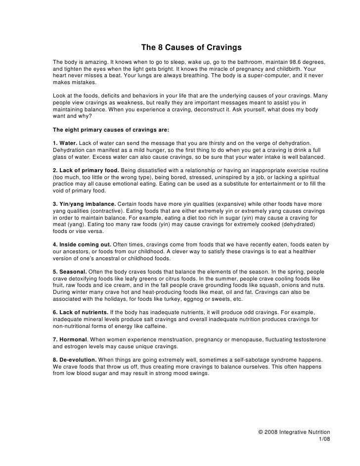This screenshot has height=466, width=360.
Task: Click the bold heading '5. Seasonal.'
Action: [69, 272]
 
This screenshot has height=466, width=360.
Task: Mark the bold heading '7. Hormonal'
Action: [70, 340]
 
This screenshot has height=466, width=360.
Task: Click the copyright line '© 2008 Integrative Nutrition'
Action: [294, 432]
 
